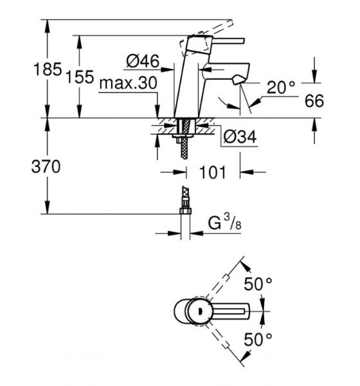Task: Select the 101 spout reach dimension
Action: click(x=212, y=172)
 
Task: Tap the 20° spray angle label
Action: click(x=280, y=87)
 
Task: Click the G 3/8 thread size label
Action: click(x=225, y=225)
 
